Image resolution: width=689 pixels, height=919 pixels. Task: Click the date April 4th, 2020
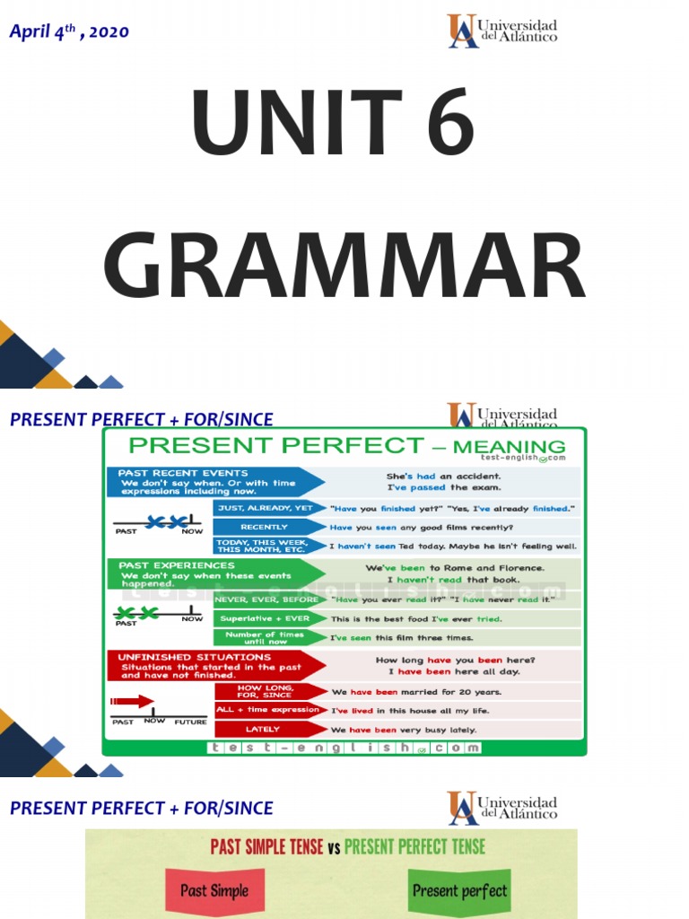(x=69, y=31)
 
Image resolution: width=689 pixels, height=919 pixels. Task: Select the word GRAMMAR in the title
(x=344, y=267)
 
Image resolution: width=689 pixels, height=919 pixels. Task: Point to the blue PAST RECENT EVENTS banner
(x=215, y=481)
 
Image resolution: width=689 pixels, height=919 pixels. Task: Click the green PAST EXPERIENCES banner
(x=215, y=574)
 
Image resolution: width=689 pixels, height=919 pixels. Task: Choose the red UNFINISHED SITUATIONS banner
(x=215, y=666)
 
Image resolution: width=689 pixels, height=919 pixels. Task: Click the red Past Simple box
(x=214, y=891)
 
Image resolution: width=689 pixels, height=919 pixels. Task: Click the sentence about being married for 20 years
(x=416, y=692)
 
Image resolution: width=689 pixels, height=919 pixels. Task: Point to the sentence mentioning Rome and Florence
(x=454, y=568)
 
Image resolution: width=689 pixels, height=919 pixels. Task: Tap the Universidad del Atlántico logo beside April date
(x=502, y=31)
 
